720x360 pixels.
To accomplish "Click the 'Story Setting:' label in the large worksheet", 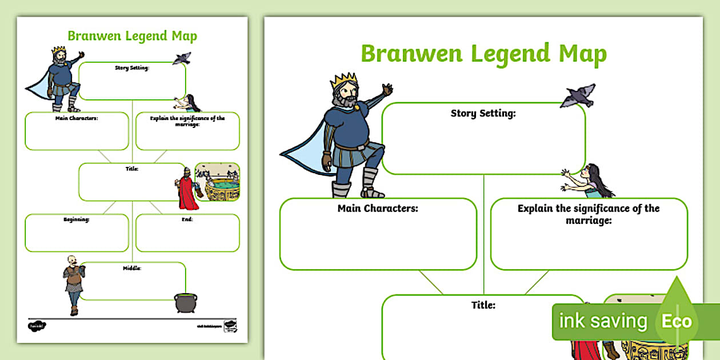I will (483, 113).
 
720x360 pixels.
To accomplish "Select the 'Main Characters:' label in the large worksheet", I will (378, 208).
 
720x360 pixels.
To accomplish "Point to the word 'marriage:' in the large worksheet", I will (589, 219).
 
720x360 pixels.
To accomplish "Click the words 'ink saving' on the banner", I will (603, 321).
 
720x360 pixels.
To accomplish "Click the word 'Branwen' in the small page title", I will (90, 36).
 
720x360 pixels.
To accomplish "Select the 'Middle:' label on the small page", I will (132, 267).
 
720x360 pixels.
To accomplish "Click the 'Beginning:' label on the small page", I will (76, 219).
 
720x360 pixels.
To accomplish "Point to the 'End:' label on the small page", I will (187, 219).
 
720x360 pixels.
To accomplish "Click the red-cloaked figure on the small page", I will (186, 191).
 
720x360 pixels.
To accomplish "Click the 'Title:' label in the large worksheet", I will (483, 305).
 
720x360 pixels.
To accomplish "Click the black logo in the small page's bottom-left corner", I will (37, 326).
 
